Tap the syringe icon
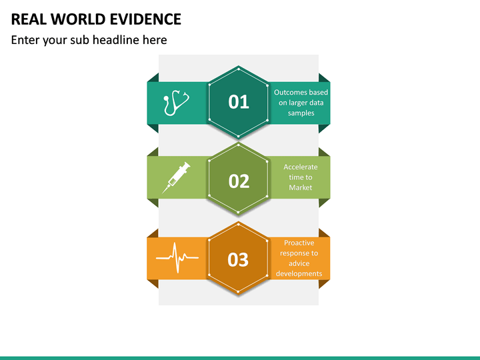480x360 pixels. tap(176, 177)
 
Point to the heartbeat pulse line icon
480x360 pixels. tap(177, 257)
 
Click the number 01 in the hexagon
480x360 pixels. tap(239, 102)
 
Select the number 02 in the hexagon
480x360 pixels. tap(239, 181)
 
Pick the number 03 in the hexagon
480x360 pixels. tap(238, 259)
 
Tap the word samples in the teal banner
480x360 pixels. tap(301, 113)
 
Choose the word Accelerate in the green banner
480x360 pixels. tap(301, 167)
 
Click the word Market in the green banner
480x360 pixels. tap(301, 188)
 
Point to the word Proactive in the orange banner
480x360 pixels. tap(299, 243)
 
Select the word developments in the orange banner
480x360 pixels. tap(299, 274)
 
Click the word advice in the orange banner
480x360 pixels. tap(299, 264)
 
